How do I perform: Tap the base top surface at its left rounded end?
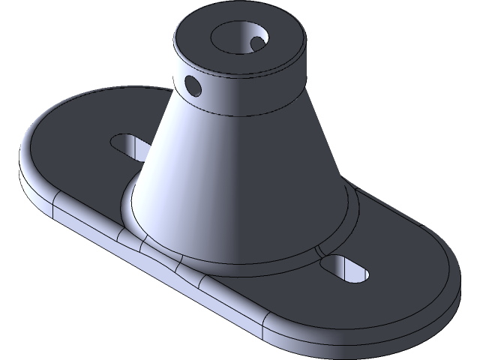click(x=67, y=150)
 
